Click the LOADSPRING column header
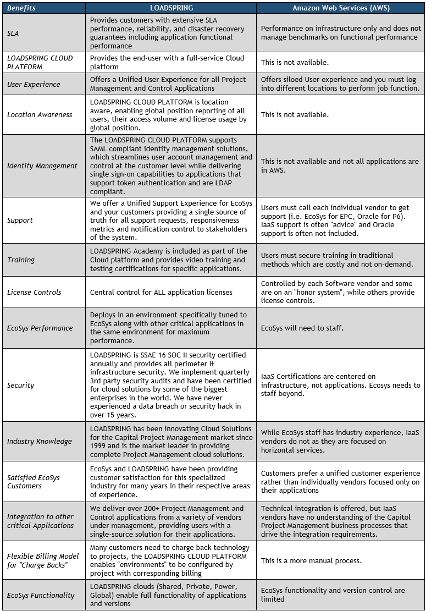pyautogui.click(x=170, y=8)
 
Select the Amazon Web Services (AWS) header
pyautogui.click(x=340, y=8)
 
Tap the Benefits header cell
pyautogui.click(x=22, y=8)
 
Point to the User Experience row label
pyautogui.click(x=33, y=84)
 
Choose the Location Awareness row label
pyautogui.click(x=40, y=115)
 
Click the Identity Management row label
pyautogui.click(x=42, y=166)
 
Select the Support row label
pyautogui.click(x=20, y=220)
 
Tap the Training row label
pyautogui.click(x=21, y=260)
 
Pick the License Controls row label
pyautogui.click(x=34, y=292)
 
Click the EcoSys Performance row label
pyautogui.click(x=40, y=328)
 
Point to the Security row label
pyautogui.click(x=21, y=385)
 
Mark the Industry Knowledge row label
pyautogui.click(x=40, y=441)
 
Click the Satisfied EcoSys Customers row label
pyautogui.click(x=33, y=482)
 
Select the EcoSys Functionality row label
pyautogui.click(x=41, y=595)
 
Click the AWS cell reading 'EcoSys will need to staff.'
pyautogui.click(x=302, y=328)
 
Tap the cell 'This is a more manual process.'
pyautogui.click(x=311, y=560)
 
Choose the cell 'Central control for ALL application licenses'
pyautogui.click(x=161, y=292)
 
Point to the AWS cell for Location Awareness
pyautogui.click(x=295, y=115)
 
